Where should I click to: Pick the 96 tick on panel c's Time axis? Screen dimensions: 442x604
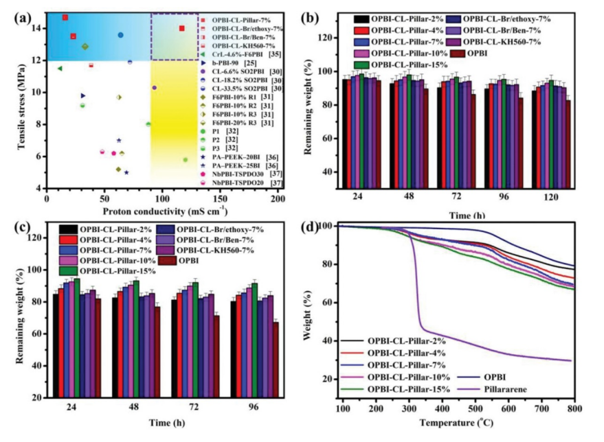tap(256, 407)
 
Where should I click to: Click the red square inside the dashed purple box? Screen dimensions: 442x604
tap(181, 28)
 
